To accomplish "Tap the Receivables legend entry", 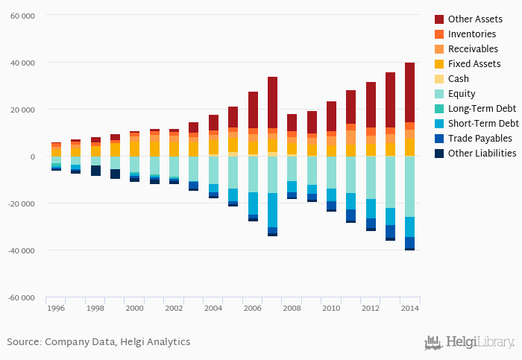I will [473, 48].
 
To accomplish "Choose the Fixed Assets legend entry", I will [474, 63].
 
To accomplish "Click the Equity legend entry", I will [462, 93].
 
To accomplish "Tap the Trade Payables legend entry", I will [479, 138].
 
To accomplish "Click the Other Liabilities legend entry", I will [482, 153].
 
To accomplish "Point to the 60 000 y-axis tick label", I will [22, 15].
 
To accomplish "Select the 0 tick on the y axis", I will [33, 157].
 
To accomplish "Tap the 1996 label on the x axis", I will [56, 308].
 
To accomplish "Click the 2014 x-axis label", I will [409, 308].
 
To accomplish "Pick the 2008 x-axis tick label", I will [292, 308].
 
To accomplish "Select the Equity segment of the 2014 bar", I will [409, 186].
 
